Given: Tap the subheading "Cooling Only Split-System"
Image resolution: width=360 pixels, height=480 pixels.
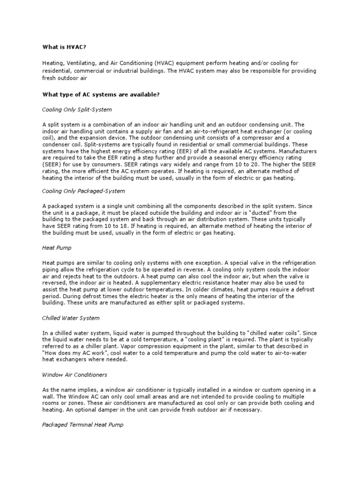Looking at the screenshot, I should [x=77, y=109].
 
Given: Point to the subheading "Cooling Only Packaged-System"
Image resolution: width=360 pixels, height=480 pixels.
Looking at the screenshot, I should [x=83, y=191].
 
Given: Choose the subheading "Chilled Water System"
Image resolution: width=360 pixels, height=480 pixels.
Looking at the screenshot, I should [x=71, y=318].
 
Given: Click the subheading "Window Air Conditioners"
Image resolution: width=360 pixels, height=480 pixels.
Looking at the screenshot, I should [x=75, y=375].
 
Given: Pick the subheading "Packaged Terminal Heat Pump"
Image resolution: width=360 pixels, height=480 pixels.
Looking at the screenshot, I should [x=83, y=425].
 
